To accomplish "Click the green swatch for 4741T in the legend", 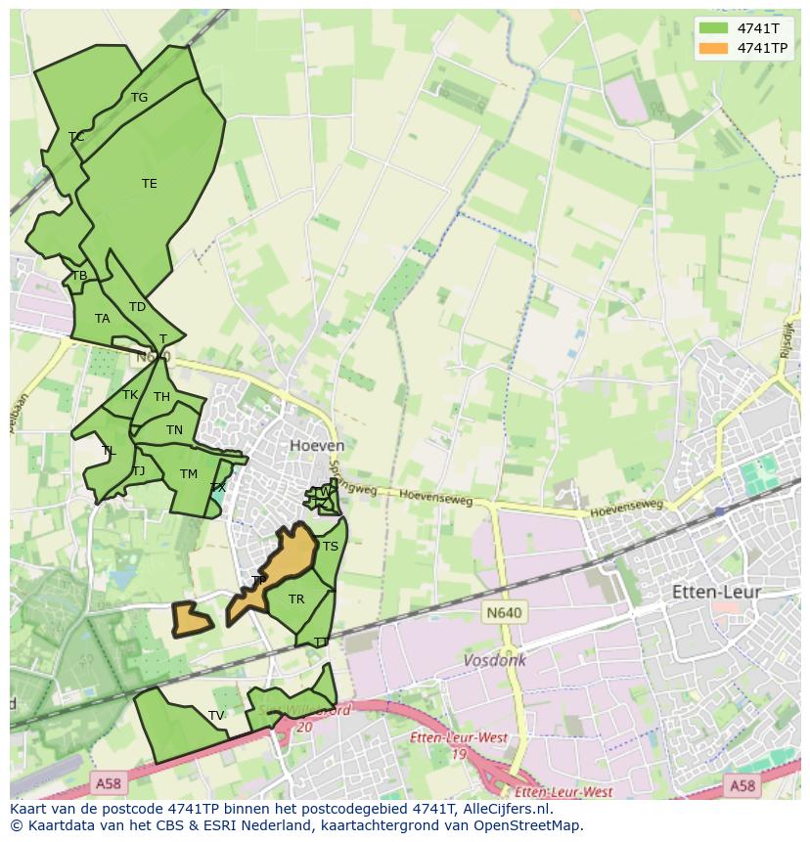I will pyautogui.click(x=713, y=28).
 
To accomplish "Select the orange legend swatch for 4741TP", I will pyautogui.click(x=713, y=48).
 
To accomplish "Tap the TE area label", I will pyautogui.click(x=149, y=184).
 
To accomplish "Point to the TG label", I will pyautogui.click(x=139, y=98).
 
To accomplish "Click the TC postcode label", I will pyautogui.click(x=76, y=137).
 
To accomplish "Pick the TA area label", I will pyautogui.click(x=103, y=319).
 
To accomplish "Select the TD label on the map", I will pyautogui.click(x=137, y=307).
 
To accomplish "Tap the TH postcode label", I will pyautogui.click(x=161, y=397).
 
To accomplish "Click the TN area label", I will pyautogui.click(x=174, y=430).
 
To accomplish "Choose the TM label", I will pyautogui.click(x=189, y=474).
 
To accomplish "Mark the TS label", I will pyautogui.click(x=331, y=547).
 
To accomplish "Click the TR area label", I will pyautogui.click(x=296, y=599).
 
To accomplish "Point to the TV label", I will pyautogui.click(x=216, y=716).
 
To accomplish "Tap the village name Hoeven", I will pyautogui.click(x=317, y=445).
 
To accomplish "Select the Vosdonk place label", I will pyautogui.click(x=495, y=660).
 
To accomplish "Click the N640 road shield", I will pyautogui.click(x=504, y=612).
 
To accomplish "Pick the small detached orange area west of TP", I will pyautogui.click(x=192, y=619).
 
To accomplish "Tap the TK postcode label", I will pyautogui.click(x=130, y=395).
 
